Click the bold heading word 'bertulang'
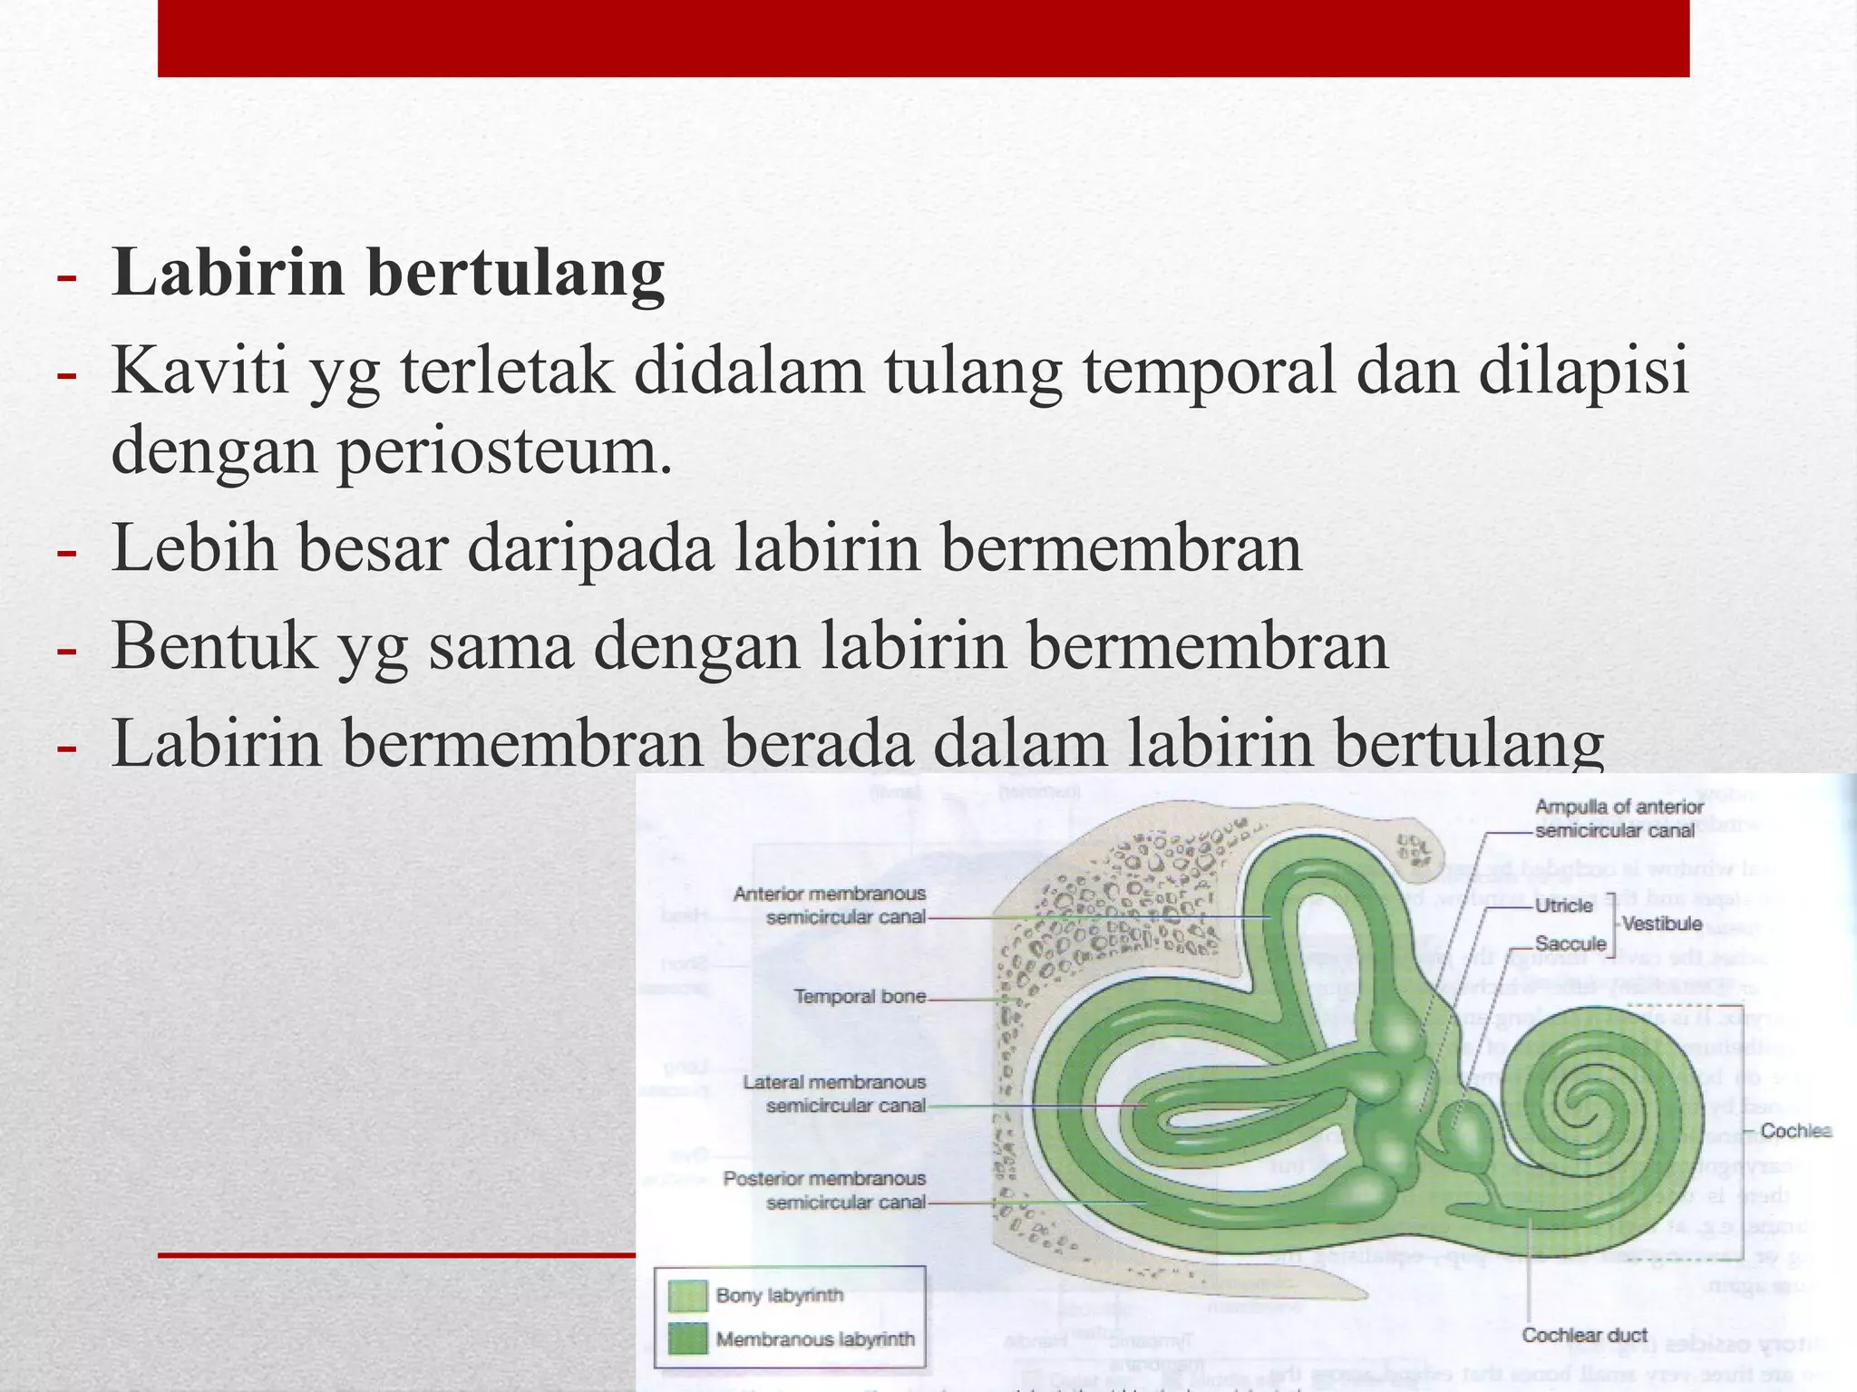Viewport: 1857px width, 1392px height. point(517,274)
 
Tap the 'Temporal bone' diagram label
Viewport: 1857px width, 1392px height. point(860,997)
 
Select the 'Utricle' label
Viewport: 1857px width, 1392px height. point(1563,905)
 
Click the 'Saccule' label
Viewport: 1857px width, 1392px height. point(1570,944)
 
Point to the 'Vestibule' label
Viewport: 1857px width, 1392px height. point(1663,924)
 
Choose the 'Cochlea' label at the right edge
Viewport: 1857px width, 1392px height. point(1795,1131)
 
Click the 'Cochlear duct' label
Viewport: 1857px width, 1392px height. point(1584,1335)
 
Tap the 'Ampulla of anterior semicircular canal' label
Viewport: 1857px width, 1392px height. point(1619,818)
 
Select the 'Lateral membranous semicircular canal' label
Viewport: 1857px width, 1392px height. point(834,1094)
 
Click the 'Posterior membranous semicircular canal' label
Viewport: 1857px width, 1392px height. point(824,1191)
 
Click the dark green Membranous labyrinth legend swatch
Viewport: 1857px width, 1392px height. point(687,1339)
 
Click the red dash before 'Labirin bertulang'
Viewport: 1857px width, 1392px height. point(65,276)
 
